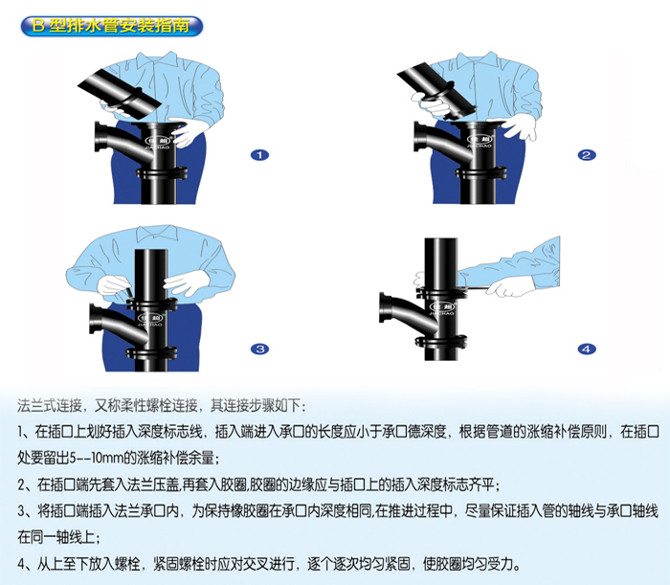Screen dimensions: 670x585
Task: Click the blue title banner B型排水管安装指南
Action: click(112, 26)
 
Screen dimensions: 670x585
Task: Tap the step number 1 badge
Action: click(259, 155)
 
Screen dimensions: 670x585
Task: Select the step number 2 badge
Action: click(586, 155)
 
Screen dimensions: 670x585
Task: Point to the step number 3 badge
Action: click(259, 349)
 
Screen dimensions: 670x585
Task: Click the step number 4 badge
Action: click(586, 349)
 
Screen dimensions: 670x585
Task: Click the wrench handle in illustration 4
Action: click(476, 290)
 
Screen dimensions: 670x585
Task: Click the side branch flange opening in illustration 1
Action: click(100, 137)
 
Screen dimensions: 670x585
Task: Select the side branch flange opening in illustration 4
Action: click(386, 307)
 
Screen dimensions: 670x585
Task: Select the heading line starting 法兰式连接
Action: click(162, 406)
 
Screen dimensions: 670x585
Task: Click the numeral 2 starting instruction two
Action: click(22, 485)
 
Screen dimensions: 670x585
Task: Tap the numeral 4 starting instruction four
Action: click(22, 564)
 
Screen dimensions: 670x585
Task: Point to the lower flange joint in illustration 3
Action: click(151, 353)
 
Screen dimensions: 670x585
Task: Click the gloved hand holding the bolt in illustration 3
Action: click(114, 285)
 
